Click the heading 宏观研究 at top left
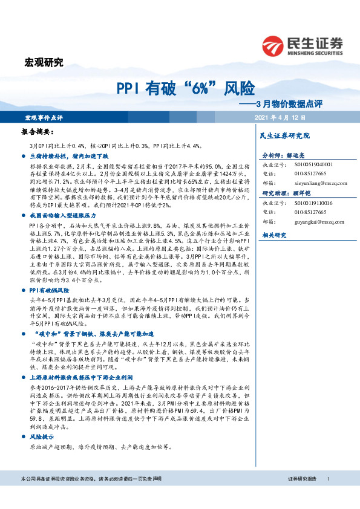click(43, 61)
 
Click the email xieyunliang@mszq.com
click(319, 182)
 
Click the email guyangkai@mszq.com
click(317, 221)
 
